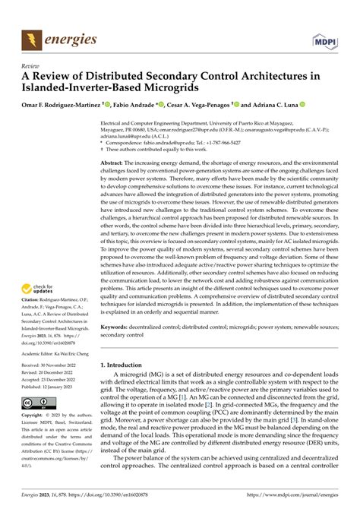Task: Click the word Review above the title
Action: (31, 65)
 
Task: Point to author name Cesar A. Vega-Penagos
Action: (210, 103)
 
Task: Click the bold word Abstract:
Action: (114, 163)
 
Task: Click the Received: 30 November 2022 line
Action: (50, 366)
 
